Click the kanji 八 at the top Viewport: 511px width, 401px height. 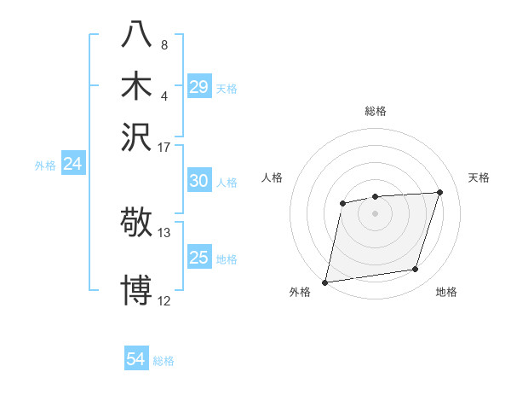tap(137, 35)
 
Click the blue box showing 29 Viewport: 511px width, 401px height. tap(198, 87)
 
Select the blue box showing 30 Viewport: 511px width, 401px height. tap(198, 181)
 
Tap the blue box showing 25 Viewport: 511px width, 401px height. tap(198, 258)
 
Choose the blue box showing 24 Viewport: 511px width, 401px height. tap(72, 165)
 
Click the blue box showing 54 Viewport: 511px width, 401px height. tap(136, 359)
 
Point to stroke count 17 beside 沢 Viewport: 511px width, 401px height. tap(164, 147)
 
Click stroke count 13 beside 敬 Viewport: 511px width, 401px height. tap(164, 232)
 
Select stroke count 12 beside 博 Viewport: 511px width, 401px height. tap(164, 300)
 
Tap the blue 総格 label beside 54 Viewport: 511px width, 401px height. tap(164, 361)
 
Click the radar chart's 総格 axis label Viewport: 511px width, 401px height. tap(375, 111)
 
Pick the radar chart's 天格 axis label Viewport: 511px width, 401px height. tap(479, 177)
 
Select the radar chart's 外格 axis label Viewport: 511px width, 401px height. tap(299, 292)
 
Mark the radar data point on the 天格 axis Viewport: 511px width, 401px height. tap(440, 192)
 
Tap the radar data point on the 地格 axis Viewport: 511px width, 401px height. tap(416, 270)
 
